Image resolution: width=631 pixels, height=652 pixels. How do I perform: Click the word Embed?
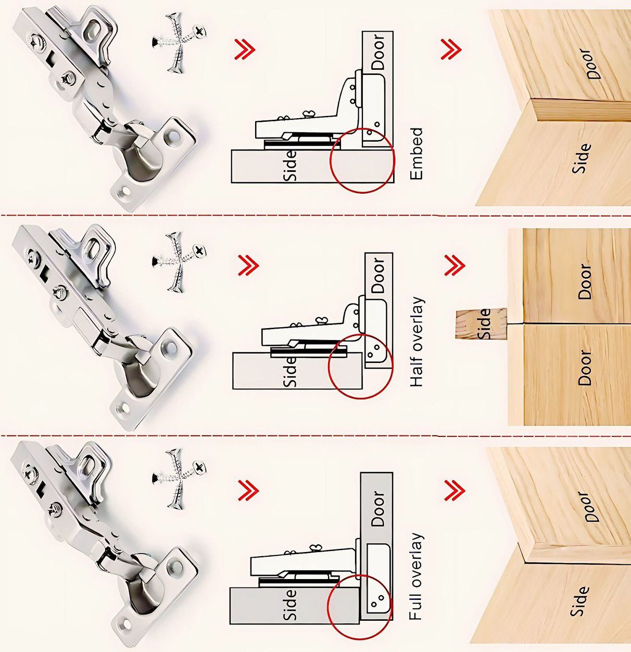click(417, 154)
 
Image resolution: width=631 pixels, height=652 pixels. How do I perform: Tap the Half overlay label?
click(417, 342)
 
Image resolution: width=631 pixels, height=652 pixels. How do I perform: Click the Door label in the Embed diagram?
click(378, 52)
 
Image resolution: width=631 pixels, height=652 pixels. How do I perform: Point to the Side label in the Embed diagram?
click(291, 166)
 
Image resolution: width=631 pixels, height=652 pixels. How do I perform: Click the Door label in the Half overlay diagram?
click(378, 275)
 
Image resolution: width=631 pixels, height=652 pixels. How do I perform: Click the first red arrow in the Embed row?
click(246, 49)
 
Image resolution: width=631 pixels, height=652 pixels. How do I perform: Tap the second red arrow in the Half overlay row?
click(455, 265)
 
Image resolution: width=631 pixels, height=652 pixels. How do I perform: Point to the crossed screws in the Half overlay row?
click(179, 262)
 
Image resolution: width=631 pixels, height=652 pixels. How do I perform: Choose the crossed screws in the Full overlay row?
click(179, 479)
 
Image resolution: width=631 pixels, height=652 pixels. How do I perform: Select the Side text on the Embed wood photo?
click(582, 158)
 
